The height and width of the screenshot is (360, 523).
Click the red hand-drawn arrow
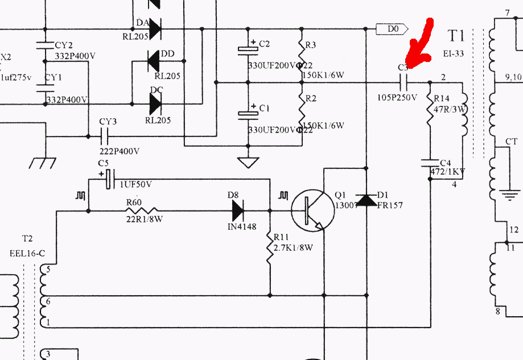421,45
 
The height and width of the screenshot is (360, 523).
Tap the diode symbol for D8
237,211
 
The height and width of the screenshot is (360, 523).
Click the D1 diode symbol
365,200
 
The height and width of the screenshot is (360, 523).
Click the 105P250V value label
397,97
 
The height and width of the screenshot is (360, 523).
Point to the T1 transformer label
456,37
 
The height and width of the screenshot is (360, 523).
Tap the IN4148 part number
242,227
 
